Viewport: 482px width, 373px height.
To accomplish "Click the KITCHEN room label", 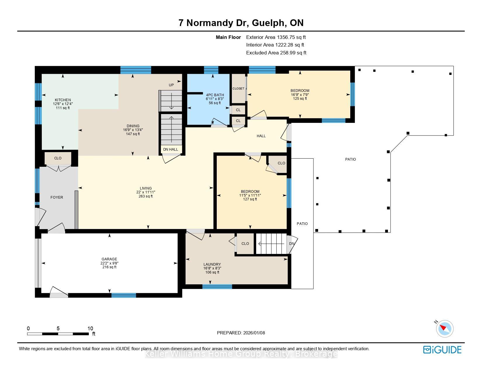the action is [63, 100].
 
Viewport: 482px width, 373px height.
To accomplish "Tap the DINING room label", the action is [133, 126].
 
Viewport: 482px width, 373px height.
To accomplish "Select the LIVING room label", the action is [146, 188].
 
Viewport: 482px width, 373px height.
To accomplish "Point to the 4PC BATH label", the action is [215, 95].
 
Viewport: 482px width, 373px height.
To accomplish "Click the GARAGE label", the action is [109, 259].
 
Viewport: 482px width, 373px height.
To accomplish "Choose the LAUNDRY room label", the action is [212, 264].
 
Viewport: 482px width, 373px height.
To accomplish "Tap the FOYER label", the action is [57, 197].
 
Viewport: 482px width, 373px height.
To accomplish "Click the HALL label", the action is [261, 136].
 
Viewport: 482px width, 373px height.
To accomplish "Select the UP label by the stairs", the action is [171, 85].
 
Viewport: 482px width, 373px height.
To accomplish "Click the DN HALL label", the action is [171, 149].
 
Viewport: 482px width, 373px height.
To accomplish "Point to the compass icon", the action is [444, 329].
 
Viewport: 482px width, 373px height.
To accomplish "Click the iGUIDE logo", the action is [442, 350].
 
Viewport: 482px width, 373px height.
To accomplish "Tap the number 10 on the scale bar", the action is [90, 329].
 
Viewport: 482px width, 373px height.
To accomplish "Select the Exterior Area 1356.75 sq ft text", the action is [276, 37].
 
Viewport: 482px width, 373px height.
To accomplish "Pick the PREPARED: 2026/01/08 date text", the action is [241, 333].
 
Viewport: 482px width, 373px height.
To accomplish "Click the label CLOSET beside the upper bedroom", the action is [238, 89].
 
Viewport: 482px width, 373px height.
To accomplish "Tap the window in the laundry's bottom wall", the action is [217, 287].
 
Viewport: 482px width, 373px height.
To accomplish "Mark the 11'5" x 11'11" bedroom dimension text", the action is [250, 195].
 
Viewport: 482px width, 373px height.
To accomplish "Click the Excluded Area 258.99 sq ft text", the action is [276, 53].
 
